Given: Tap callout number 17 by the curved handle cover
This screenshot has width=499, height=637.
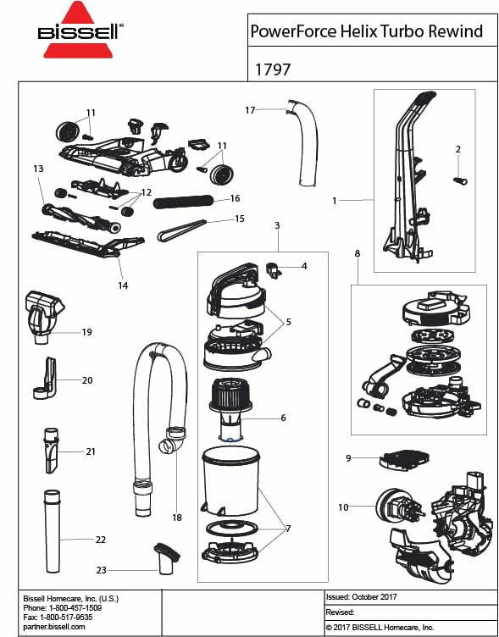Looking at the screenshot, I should point(250,110).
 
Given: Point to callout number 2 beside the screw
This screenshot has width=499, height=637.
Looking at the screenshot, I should point(457,149).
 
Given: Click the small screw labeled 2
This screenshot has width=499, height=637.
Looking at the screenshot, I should point(460,180).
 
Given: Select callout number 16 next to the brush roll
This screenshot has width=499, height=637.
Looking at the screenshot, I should point(235,198).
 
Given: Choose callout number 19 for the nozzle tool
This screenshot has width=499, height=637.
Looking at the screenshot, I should point(86,332).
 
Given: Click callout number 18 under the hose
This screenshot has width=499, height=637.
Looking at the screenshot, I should point(177,517).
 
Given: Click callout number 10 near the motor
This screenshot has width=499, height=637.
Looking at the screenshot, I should point(342,507).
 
